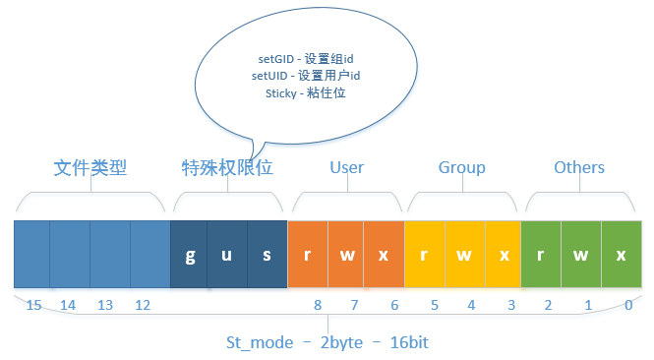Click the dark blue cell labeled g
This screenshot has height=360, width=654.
(x=190, y=254)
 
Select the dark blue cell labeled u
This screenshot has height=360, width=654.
(x=226, y=254)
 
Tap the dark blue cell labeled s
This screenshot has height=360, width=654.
(x=267, y=254)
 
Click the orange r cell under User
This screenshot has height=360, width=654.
(x=307, y=254)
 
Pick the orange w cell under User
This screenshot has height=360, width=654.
(x=345, y=254)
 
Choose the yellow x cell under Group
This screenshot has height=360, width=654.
(x=503, y=254)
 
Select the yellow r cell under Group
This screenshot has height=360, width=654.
(x=424, y=254)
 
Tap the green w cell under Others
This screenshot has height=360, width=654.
(x=581, y=254)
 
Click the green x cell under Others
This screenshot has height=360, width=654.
(x=621, y=254)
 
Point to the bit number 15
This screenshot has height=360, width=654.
(x=33, y=306)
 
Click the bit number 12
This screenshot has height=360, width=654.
(x=143, y=306)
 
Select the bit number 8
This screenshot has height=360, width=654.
(x=318, y=306)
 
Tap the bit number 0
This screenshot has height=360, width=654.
(x=627, y=306)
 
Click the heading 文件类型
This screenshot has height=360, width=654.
(x=90, y=167)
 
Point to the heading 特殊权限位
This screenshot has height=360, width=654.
(x=227, y=167)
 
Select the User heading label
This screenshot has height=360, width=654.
(x=346, y=167)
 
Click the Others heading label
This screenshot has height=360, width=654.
(x=578, y=167)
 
